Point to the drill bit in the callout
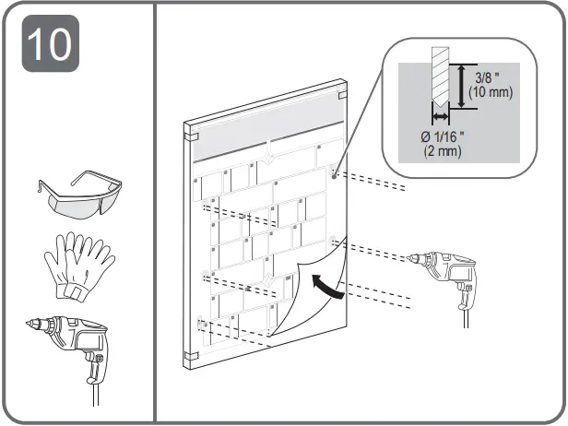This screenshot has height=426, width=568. coord(438,83)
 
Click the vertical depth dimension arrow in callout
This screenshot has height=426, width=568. coord(459,87)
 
